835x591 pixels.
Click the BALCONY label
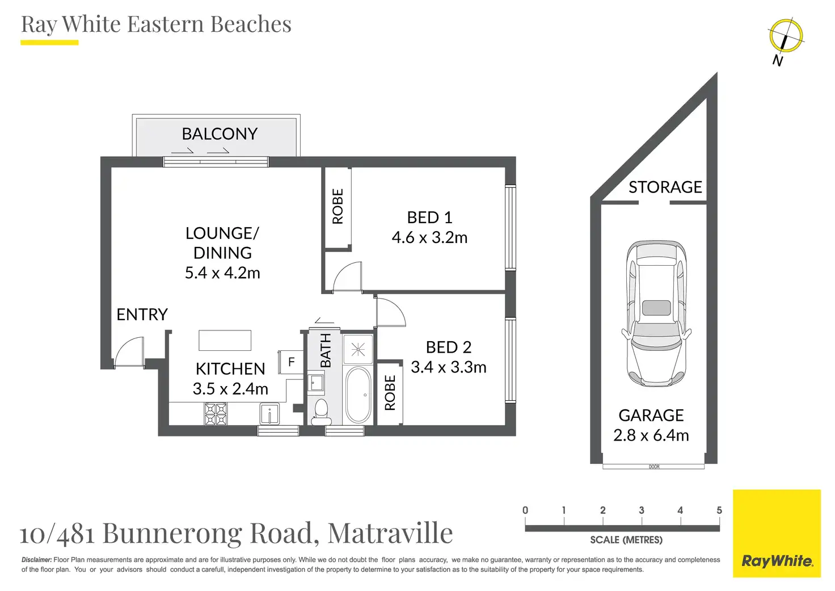point(220,133)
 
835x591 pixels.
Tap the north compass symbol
point(786,35)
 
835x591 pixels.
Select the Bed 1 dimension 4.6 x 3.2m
point(429,237)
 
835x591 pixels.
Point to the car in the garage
point(656,313)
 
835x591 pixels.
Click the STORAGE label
point(665,187)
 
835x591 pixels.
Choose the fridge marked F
point(291,362)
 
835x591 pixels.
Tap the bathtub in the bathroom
point(358,395)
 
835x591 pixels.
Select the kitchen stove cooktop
point(216,414)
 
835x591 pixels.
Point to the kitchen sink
point(269,413)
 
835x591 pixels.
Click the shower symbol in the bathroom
point(358,350)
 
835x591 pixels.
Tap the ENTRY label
point(142,315)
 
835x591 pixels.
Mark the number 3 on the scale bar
point(641,510)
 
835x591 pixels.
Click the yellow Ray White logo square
point(777,534)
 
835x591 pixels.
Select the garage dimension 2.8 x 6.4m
point(651,435)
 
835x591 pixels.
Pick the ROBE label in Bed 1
point(338,206)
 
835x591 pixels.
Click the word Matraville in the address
point(390,533)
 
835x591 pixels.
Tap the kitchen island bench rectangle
point(225,340)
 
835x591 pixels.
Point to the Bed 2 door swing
point(391,312)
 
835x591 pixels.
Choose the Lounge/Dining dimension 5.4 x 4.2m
point(222,273)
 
